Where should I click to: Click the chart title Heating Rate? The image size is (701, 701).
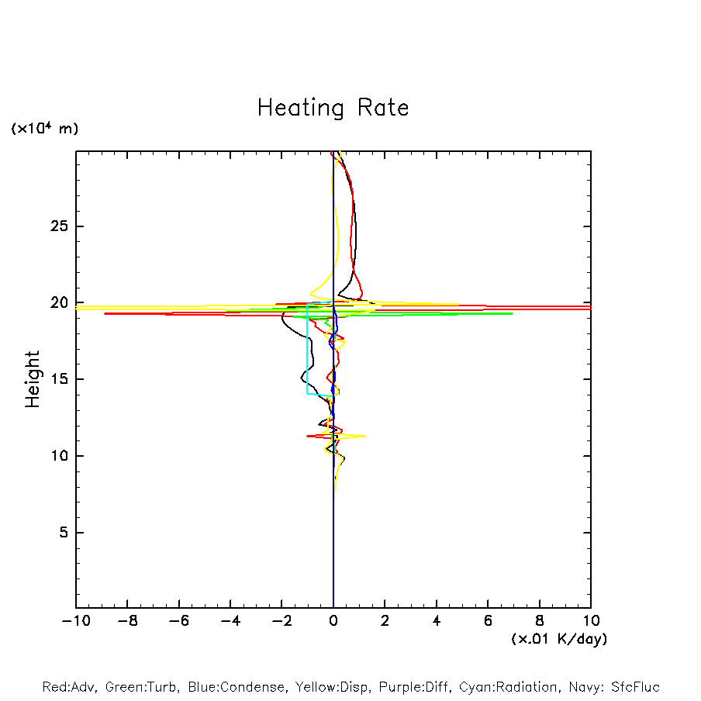coord(333,108)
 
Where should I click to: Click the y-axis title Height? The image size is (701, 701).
coord(33,379)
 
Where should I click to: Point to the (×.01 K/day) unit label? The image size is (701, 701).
coord(559,639)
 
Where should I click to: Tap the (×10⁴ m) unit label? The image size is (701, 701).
coord(44,129)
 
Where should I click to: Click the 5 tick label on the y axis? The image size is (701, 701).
coord(60,533)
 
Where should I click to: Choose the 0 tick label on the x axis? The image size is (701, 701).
coord(333,621)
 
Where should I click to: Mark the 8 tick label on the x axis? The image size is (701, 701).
coord(540,621)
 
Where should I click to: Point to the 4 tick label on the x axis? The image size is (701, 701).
coord(437,621)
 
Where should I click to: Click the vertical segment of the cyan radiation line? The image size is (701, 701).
coord(307,357)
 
